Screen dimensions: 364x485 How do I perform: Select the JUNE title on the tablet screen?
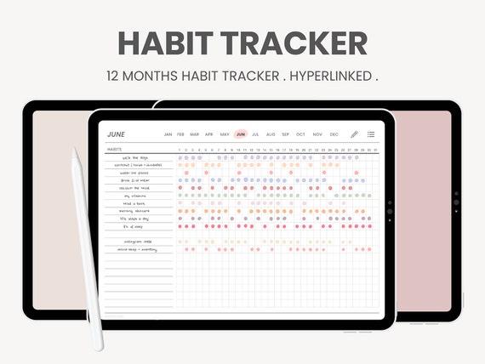click(117, 134)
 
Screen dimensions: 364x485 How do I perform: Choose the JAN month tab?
click(168, 134)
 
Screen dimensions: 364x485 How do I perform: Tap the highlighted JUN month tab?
click(241, 134)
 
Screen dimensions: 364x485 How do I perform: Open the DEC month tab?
click(334, 134)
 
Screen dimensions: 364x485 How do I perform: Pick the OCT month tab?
click(300, 134)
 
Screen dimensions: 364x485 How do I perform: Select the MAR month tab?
click(195, 134)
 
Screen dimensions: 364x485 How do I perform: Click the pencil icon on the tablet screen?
click(355, 134)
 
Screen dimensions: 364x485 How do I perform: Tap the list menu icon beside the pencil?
click(371, 134)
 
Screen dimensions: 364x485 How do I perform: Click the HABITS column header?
click(114, 150)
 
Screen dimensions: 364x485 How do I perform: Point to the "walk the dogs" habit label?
click(135, 157)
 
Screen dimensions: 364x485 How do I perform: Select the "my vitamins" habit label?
click(134, 196)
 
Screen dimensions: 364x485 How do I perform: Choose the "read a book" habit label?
click(134, 203)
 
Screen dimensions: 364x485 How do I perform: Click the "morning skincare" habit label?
click(134, 211)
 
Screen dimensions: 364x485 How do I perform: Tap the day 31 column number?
click(374, 150)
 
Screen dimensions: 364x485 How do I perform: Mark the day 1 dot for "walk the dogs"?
click(180, 157)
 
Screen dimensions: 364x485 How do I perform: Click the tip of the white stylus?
click(74, 151)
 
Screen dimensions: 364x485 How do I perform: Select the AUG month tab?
click(271, 134)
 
